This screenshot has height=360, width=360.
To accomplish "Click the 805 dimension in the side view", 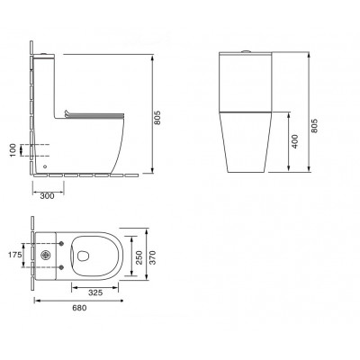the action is click(158, 118).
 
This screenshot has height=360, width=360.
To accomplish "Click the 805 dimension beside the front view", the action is click(313, 126).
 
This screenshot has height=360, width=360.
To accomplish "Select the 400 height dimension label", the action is click(295, 141).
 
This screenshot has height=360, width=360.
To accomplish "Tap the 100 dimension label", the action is click(13, 150).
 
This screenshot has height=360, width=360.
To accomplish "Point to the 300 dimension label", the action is click(47, 196).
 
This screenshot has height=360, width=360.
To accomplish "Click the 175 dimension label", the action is click(15, 255).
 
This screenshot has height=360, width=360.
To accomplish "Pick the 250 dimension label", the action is click(139, 257).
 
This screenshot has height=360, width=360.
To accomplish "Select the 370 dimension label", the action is click(153, 257).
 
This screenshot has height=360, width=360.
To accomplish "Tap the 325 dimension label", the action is click(95, 292).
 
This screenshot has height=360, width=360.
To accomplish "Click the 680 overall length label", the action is click(79, 308).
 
